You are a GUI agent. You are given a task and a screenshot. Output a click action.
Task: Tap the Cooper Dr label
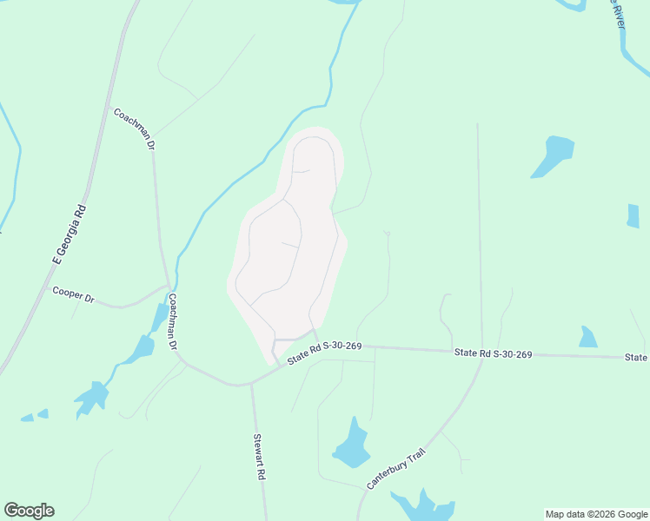pos(73,294)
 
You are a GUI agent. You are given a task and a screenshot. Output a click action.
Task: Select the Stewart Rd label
pos(259,458)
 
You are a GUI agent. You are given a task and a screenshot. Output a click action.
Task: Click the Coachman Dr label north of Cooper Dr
pos(134,129)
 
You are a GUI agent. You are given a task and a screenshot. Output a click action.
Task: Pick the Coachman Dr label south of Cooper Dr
pos(174,322)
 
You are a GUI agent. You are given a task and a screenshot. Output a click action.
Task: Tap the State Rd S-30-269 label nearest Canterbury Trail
pos(493,353)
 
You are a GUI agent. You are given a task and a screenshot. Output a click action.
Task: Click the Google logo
pos(29,511)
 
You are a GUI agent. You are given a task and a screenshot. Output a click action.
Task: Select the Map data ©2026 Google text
pos(596,514)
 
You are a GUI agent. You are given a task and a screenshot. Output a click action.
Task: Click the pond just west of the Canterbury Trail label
pos(351,445)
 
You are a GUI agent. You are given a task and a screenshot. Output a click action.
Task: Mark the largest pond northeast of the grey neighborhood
pos(553,155)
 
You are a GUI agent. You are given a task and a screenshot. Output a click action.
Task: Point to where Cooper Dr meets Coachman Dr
pos(169,284)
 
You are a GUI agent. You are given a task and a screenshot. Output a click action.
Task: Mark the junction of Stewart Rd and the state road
pos(252,382)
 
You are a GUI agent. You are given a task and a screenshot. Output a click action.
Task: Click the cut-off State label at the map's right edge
pos(637,358)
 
